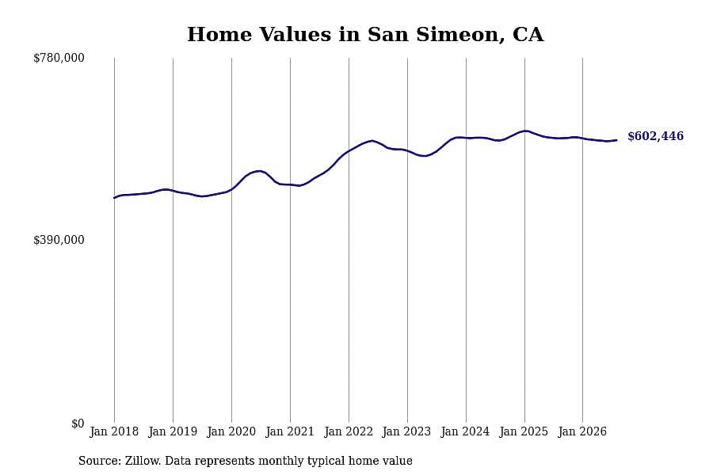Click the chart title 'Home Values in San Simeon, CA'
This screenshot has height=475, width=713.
click(365, 35)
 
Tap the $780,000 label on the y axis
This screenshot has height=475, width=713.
click(59, 58)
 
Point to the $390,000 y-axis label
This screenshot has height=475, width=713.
click(59, 240)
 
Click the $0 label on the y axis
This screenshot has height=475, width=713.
click(78, 424)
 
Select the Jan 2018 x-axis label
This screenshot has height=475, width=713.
click(114, 431)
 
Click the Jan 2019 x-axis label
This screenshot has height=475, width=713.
click(173, 431)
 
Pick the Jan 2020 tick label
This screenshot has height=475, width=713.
click(231, 431)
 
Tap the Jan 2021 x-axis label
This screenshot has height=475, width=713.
click(290, 431)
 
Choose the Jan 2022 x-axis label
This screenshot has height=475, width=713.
click(349, 431)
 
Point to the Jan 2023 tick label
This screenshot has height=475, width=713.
click(406, 431)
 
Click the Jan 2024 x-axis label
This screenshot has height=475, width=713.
click(465, 431)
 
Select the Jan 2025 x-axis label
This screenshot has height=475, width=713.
click(524, 431)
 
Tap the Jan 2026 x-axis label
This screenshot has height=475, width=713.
click(582, 431)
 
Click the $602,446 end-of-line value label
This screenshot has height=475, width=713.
click(655, 136)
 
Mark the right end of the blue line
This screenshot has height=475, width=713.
click(616, 140)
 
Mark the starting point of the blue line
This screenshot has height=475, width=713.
click(114, 198)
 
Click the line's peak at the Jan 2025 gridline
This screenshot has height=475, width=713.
click(525, 131)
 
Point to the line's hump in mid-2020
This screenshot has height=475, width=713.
click(259, 171)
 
